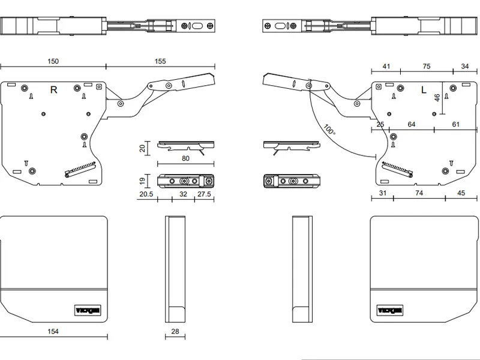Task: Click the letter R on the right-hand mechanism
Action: pos(53,90)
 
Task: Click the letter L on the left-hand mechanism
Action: pos(424,91)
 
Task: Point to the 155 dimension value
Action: pos(160,61)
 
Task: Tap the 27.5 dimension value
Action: pos(204,194)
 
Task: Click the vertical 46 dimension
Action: pos(437,97)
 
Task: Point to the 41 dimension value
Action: pos(386,67)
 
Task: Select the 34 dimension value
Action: pos(465,67)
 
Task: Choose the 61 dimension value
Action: pos(456,124)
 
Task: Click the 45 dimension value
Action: pos(461,193)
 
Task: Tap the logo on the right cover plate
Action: pos(390,310)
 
